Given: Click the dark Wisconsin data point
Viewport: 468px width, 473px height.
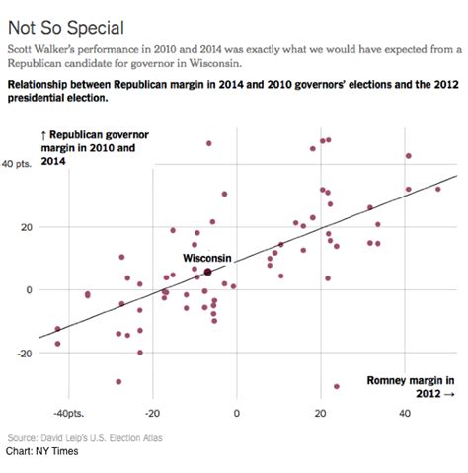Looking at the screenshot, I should [207, 272].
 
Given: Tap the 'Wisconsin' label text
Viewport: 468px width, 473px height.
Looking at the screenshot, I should [206, 258].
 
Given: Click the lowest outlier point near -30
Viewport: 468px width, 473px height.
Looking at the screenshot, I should [337, 386].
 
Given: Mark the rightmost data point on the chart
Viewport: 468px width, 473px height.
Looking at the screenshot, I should [438, 189].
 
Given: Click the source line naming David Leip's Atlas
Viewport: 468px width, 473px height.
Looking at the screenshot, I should [85, 437].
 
